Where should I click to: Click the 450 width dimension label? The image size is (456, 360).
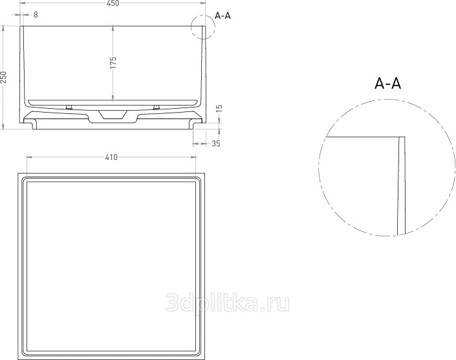click(x=113, y=3)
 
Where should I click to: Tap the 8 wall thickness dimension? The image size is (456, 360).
click(x=36, y=15)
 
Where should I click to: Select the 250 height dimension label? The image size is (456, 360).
click(x=3, y=77)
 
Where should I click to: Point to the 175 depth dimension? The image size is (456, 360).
click(x=113, y=63)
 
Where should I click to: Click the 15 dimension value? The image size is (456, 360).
click(x=219, y=109)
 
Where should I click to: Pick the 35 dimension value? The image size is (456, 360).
click(x=216, y=144)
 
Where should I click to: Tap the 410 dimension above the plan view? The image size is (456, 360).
click(x=111, y=157)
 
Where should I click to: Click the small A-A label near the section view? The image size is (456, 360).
click(x=223, y=16)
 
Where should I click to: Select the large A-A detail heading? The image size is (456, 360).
click(x=387, y=84)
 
